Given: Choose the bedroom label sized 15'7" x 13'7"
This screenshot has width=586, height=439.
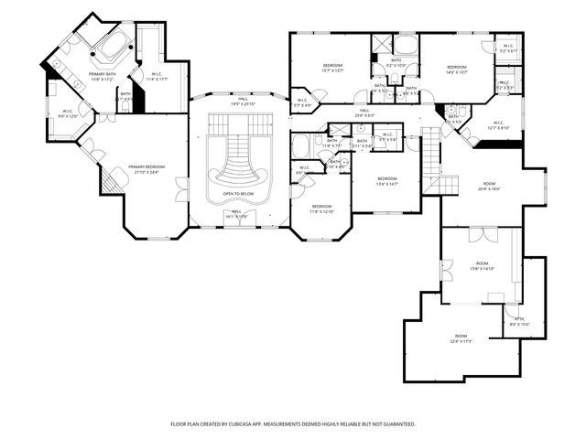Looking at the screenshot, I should click(332, 67).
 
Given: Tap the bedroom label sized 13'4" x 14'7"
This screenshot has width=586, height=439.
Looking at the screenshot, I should click(387, 179).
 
